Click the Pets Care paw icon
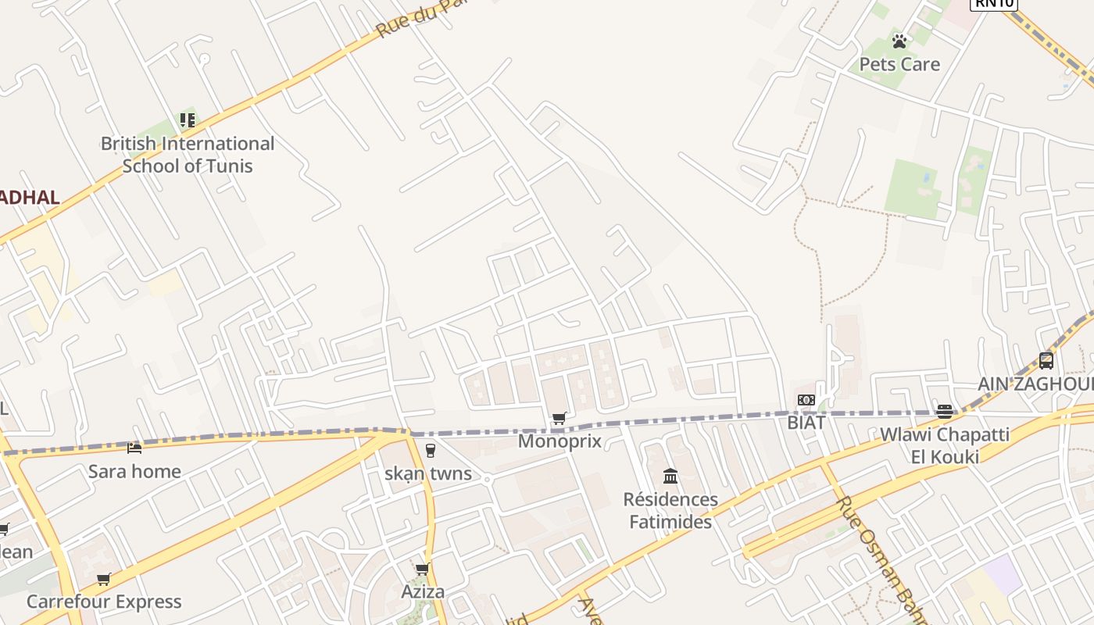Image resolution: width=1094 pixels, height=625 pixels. point(899,41)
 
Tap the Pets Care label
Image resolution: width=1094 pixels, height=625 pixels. point(899,64)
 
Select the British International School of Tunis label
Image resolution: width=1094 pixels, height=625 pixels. point(188,155)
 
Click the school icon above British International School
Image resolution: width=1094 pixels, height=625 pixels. point(188,120)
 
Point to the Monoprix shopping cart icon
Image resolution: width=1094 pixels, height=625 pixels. point(560,419)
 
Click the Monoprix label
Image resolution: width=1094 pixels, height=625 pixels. point(560,441)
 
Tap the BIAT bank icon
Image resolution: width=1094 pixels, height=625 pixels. point(806,400)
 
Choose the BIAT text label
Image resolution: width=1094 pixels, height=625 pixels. point(806,423)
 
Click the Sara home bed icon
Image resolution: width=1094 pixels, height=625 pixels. point(134,448)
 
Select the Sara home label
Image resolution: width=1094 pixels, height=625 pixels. point(134,471)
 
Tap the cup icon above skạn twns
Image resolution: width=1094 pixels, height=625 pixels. point(430,451)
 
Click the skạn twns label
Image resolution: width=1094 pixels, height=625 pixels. point(428,473)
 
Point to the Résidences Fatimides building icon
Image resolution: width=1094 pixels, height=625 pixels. point(670,476)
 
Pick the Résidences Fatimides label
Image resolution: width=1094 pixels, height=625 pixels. point(670,510)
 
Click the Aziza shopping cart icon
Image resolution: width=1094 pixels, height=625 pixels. point(423,569)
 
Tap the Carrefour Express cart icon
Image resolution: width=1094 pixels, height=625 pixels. point(104,579)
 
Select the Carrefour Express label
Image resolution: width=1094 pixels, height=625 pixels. point(104,602)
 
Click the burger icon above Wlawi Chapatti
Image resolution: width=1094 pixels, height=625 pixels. point(945,412)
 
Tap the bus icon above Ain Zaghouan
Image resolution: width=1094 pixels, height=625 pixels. point(1046,361)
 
